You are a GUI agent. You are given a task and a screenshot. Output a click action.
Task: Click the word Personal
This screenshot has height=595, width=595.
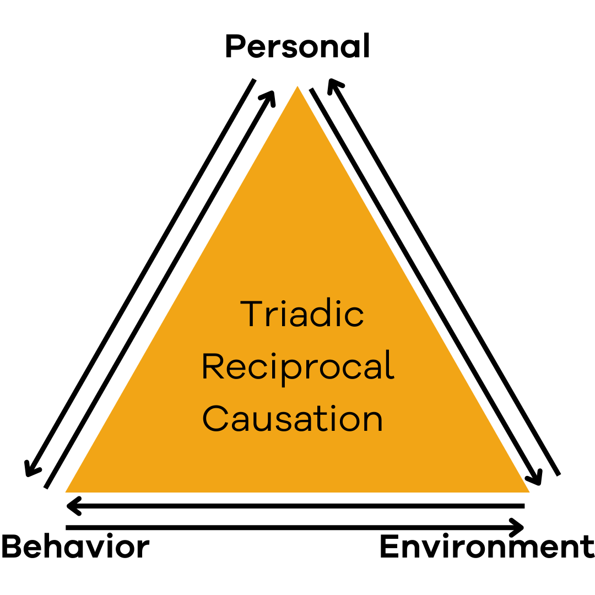pyautogui.click(x=297, y=47)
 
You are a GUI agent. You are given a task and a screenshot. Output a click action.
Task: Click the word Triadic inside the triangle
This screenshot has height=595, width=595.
pyautogui.click(x=302, y=314)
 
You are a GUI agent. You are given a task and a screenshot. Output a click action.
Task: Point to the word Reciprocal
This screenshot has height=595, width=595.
pyautogui.click(x=299, y=366)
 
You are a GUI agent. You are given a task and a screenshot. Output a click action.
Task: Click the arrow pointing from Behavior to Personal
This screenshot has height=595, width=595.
pyautogui.click(x=159, y=290)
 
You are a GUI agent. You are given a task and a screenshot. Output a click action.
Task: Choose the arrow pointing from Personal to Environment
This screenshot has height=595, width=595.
pyautogui.click(x=424, y=285)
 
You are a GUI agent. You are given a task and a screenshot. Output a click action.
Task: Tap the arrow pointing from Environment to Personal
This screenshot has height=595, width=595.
pyautogui.click(x=444, y=277)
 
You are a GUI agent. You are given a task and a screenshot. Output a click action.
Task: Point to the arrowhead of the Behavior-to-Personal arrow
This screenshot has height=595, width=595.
pyautogui.click(x=269, y=95)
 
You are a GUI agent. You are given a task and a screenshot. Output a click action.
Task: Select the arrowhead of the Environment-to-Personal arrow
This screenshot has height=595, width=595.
pyautogui.click(x=332, y=83)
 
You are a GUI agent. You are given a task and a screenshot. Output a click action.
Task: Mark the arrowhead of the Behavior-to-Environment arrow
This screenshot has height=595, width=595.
pyautogui.click(x=519, y=528)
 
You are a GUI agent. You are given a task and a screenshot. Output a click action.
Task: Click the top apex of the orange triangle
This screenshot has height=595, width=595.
pyautogui.click(x=297, y=88)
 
